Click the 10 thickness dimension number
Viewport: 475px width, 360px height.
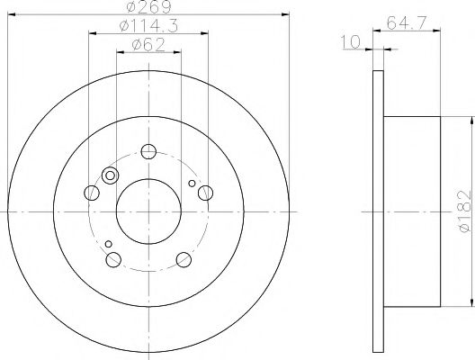[358, 42]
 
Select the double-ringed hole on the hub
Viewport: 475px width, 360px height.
[112, 175]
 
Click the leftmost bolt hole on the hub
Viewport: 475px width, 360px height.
[91, 192]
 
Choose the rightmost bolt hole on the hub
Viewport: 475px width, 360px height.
[205, 192]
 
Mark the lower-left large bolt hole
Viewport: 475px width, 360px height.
[113, 260]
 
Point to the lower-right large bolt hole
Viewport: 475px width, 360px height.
[184, 260]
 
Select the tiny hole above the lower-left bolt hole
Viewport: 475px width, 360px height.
[108, 244]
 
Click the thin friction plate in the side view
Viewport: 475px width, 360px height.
[377, 211]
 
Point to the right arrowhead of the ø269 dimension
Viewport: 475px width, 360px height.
[288, 15]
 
